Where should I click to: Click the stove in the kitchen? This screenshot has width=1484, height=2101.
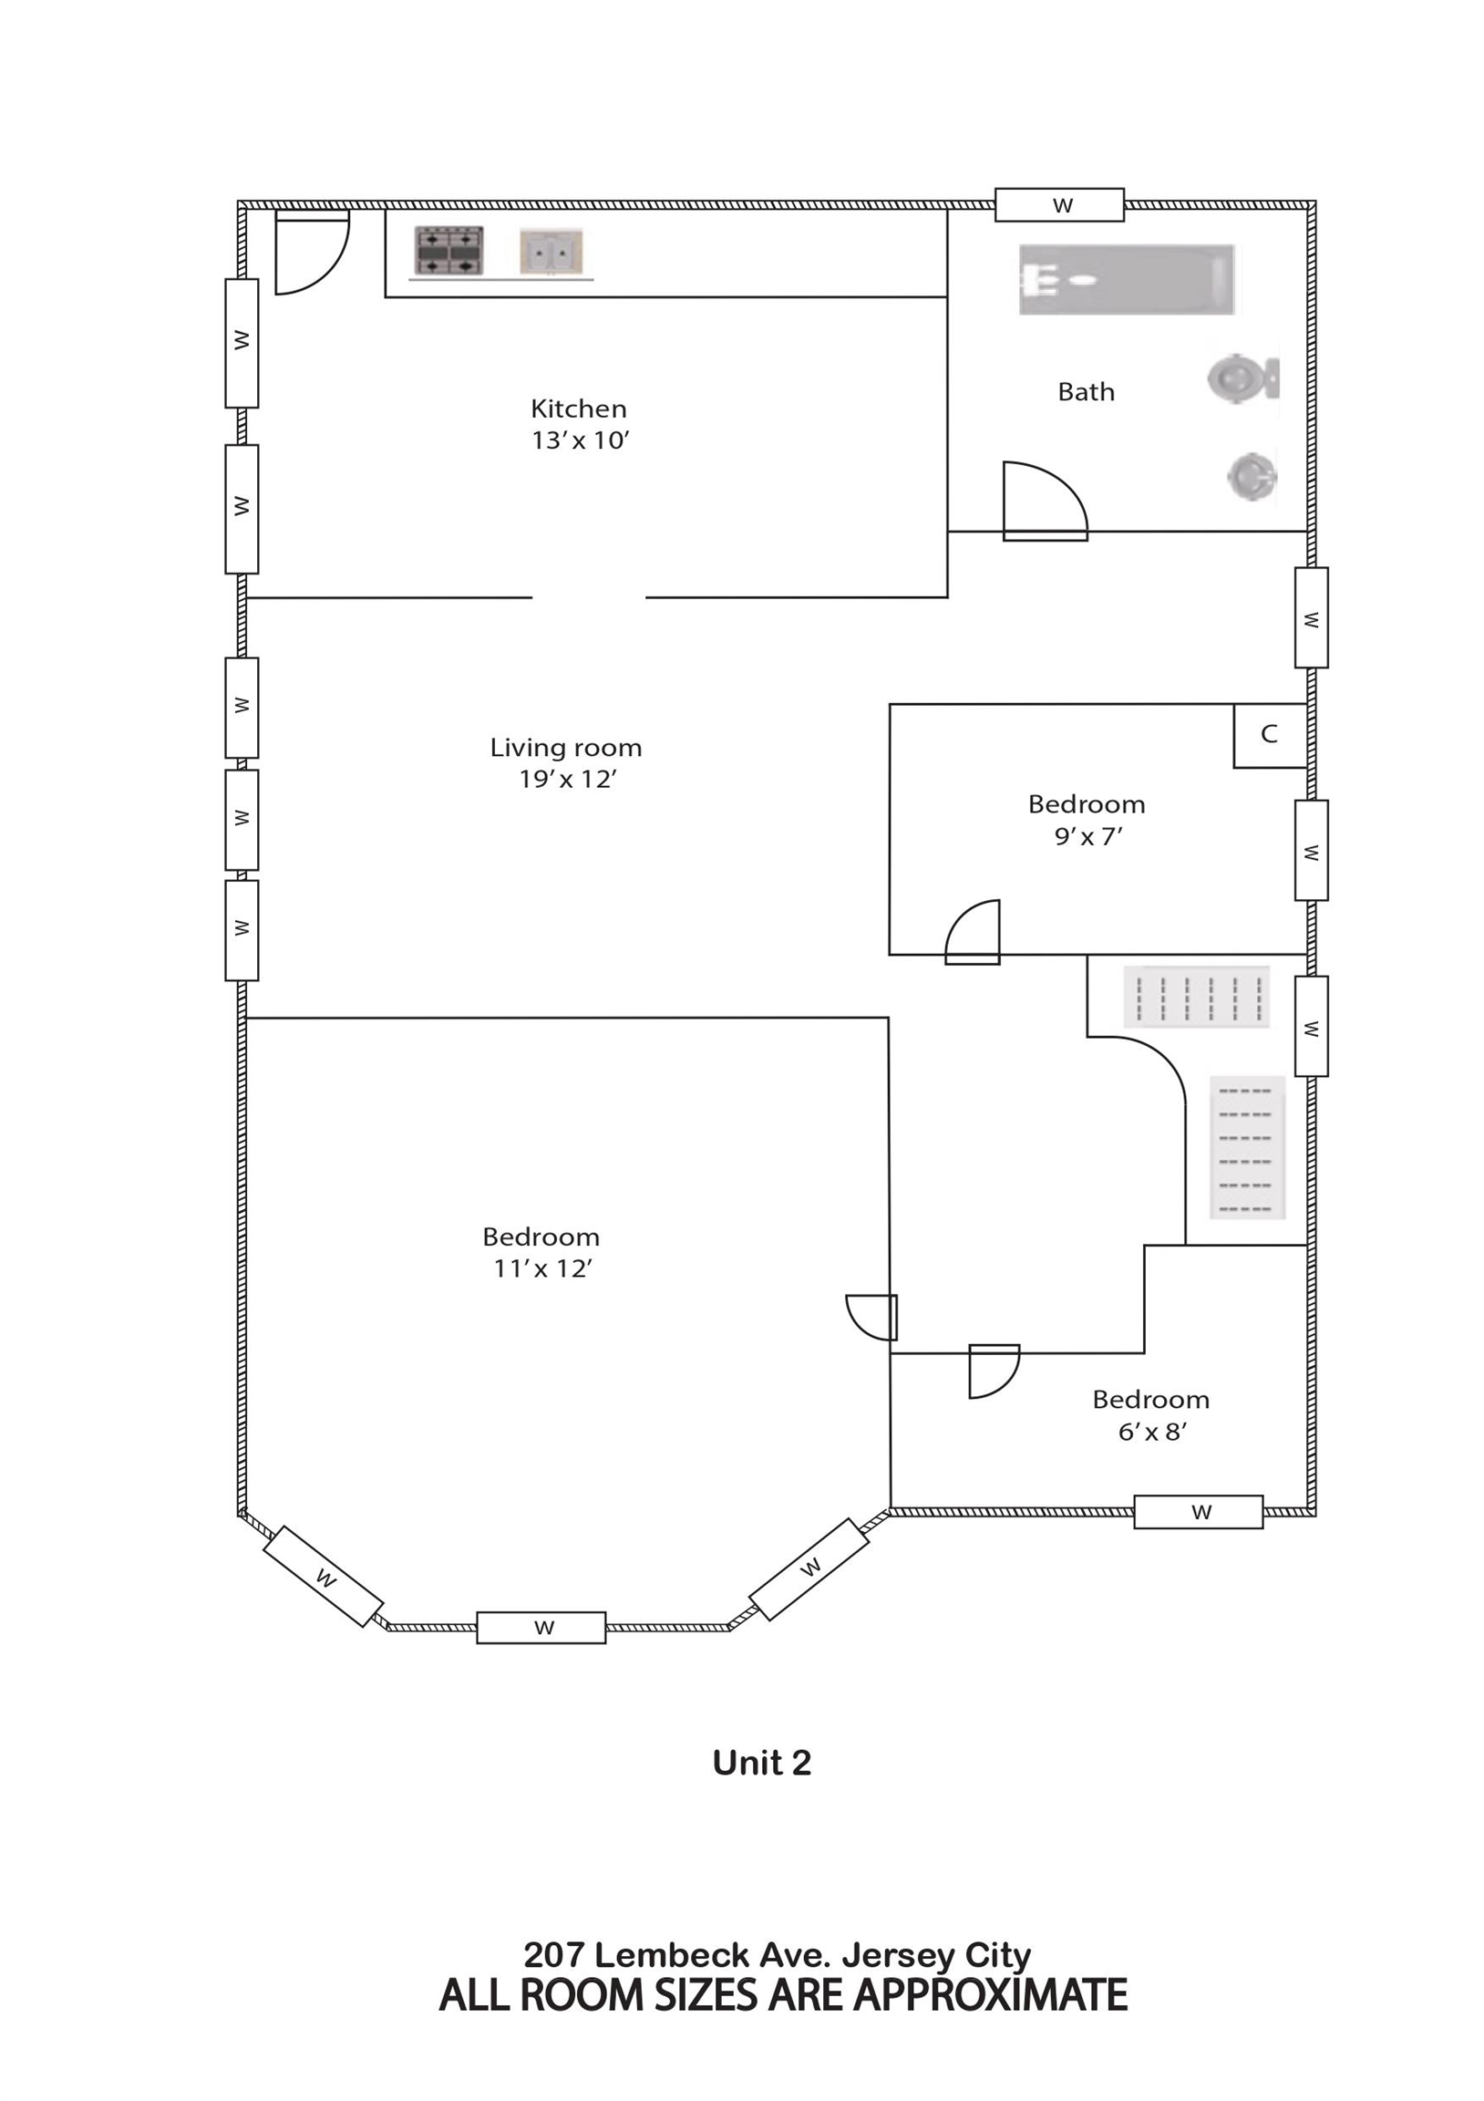pos(449,250)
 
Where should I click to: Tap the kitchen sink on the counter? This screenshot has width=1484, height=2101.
pos(551,252)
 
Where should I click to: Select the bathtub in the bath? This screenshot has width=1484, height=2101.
pos(1128,279)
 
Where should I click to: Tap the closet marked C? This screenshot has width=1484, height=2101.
pos(1269,735)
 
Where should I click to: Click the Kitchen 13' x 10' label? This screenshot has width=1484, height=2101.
pos(580,424)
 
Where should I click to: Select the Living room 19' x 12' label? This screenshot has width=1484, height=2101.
pos(566,763)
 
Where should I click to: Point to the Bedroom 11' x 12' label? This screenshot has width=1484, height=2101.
pos(541,1253)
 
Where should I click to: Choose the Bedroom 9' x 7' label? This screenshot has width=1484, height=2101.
pos(1087,820)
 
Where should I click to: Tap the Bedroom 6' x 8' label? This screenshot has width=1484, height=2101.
pos(1151,1415)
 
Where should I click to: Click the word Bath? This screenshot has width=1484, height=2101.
pos(1086,391)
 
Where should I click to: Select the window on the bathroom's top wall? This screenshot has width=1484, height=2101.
pos(1059,205)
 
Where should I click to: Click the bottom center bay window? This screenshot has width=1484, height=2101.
pos(541,1628)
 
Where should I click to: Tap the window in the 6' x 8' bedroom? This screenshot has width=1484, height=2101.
pos(1199,1512)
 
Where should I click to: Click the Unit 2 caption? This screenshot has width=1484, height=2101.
pos(762,1764)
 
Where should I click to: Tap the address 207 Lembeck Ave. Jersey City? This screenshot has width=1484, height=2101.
pos(777,1956)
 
